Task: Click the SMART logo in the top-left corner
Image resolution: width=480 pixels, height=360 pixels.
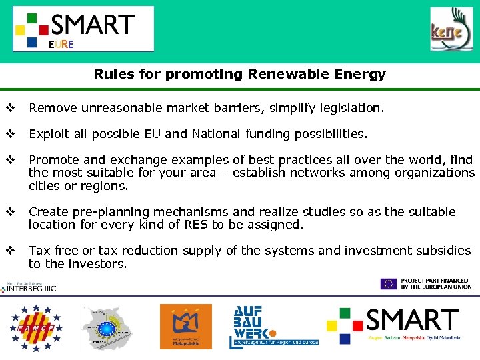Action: [83, 29]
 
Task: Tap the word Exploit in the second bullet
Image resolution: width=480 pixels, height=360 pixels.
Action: [49, 133]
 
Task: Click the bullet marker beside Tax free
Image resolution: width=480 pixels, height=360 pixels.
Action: [10, 251]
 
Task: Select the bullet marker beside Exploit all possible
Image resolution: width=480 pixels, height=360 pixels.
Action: [10, 133]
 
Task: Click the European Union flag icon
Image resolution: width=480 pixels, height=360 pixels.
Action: [388, 284]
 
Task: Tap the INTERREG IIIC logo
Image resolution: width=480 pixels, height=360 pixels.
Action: [31, 287]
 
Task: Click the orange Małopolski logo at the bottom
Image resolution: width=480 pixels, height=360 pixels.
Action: [185, 326]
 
